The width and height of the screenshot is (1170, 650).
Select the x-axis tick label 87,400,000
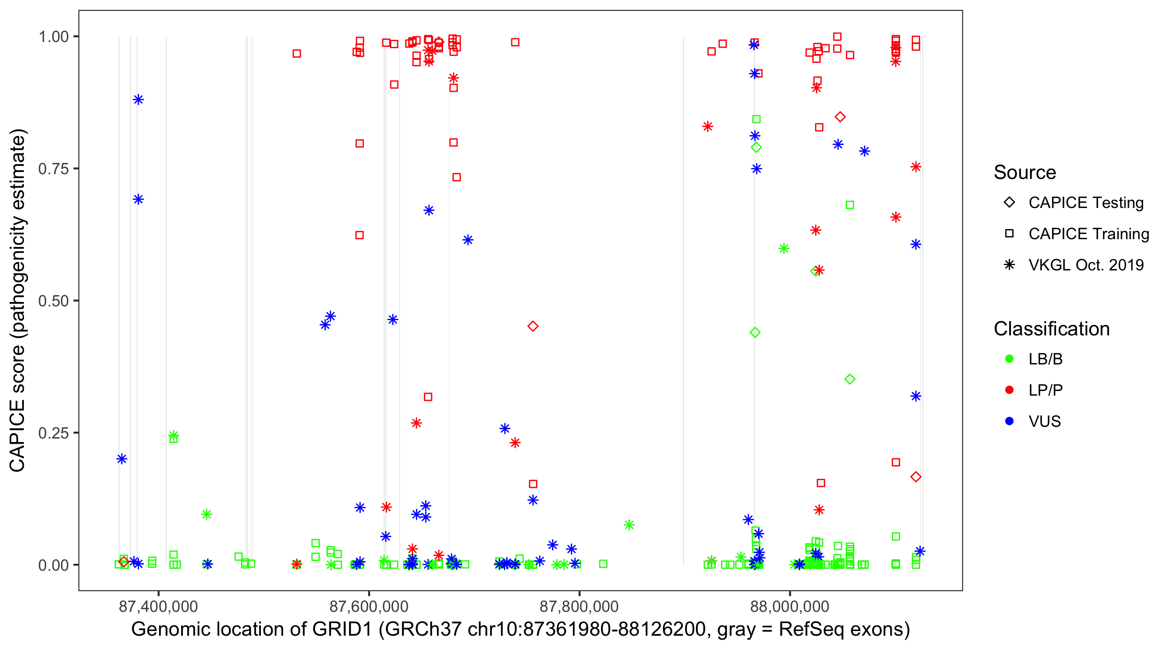(158, 606)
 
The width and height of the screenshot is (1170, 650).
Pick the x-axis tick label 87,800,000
(579, 606)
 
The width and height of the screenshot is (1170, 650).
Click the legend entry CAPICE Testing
(1085, 203)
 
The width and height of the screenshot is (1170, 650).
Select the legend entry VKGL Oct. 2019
(1085, 265)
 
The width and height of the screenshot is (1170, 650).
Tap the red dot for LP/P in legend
(1009, 390)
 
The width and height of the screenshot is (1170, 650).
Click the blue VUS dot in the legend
(1009, 421)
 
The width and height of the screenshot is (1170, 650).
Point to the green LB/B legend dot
(1009, 359)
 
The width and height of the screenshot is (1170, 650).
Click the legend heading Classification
(1051, 329)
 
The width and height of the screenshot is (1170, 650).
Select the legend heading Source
(1025, 172)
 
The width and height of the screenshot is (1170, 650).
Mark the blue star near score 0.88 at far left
(139, 100)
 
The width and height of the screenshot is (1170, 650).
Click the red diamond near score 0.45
(533, 326)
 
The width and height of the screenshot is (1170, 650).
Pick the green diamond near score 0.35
(850, 379)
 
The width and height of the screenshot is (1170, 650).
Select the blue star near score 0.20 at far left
(122, 459)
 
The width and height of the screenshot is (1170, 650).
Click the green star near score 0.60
(783, 248)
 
